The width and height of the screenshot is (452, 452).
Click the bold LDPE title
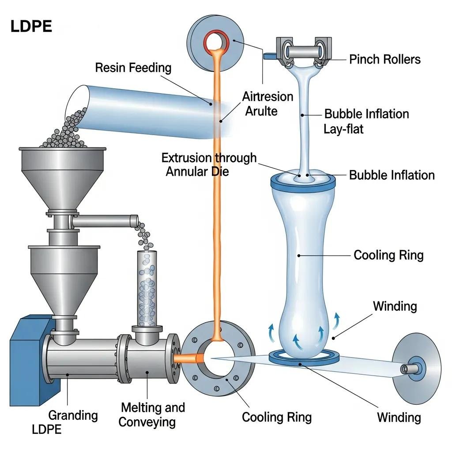point(31,27)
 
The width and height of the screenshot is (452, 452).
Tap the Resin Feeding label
point(133,68)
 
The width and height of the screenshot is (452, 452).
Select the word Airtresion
point(267,97)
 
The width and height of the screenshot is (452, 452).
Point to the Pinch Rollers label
point(384,59)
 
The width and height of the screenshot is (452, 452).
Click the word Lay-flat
point(343,129)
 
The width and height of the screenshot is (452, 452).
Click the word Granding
point(73,415)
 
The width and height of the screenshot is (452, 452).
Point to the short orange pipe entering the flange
point(185,358)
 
